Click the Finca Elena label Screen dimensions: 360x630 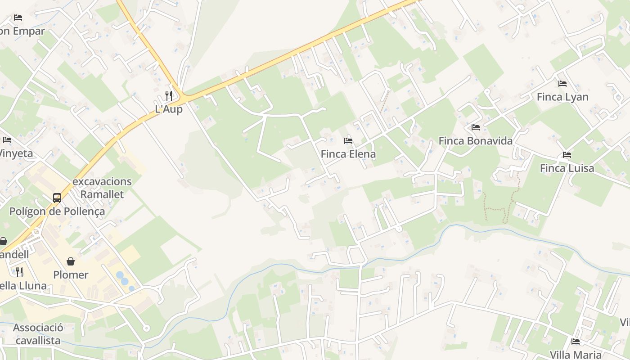(348, 154)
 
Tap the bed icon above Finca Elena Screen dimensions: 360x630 (348, 141)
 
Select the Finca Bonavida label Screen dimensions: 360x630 (475, 141)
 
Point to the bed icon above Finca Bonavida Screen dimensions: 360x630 (476, 127)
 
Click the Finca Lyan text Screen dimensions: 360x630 (562, 97)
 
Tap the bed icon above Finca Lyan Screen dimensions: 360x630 (562, 83)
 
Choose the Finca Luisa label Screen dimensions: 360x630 (567, 168)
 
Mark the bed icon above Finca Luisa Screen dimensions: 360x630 (567, 155)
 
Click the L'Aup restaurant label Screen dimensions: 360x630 (169, 109)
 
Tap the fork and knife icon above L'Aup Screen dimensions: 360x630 (169, 95)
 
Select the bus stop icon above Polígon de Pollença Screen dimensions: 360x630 (57, 198)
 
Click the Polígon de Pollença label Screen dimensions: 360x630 (57, 211)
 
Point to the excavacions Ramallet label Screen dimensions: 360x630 (102, 188)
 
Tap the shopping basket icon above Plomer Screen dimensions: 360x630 (71, 261)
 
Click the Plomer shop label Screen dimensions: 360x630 (71, 274)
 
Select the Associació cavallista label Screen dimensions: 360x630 (38, 334)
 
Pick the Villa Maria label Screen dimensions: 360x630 (576, 355)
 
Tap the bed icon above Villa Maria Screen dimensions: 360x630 (576, 342)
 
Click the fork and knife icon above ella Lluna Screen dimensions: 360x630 (19, 272)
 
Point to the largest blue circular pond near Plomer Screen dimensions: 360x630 (120, 274)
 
